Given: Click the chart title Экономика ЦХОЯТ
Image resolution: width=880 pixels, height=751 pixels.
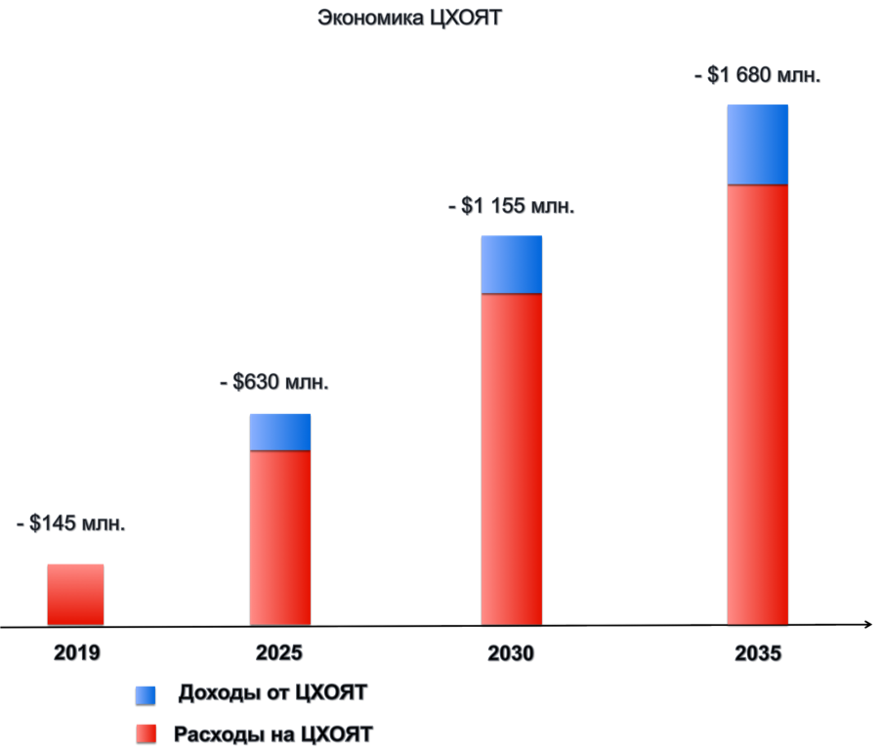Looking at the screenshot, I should coord(408,18).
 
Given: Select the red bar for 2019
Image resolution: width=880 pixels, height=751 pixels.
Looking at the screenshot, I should coord(75,593).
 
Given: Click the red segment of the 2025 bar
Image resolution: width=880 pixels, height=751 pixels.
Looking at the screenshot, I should coord(280,537).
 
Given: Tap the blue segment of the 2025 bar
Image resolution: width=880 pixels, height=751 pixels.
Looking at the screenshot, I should coord(280,432).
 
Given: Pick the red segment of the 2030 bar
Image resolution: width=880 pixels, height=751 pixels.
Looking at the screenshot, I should coord(511,458).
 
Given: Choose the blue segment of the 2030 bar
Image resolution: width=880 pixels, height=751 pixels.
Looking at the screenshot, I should coord(511,264).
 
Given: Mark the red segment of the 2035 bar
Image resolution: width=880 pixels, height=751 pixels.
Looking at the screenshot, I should coord(757,403).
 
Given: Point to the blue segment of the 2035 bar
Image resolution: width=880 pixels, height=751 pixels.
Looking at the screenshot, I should coord(757,144).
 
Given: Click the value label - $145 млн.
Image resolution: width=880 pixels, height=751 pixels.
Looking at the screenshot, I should coord(71,523).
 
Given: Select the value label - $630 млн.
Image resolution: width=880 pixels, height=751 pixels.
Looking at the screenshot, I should coord(274,382).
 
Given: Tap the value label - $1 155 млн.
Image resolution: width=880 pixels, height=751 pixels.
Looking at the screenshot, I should coord(511,206).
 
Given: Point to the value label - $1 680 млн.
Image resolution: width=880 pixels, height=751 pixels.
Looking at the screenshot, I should coord(757,75).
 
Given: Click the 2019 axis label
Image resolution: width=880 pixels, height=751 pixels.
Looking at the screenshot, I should coord(76,653).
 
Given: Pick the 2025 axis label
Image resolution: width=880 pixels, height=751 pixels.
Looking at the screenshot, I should coord(279,653).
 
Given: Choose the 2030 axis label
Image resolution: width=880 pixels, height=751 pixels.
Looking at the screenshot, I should coord(511,653).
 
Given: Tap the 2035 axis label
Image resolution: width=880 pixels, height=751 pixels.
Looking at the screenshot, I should coord(758,653).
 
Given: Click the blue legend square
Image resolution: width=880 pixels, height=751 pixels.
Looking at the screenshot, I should coord(146,694).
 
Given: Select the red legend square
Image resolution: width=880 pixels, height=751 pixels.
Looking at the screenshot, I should coord(146,733).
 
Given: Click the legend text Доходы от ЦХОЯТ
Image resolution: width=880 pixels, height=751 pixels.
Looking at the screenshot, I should coord(272,693).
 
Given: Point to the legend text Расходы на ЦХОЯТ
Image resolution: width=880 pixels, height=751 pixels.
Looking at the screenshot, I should coord(272,733).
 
